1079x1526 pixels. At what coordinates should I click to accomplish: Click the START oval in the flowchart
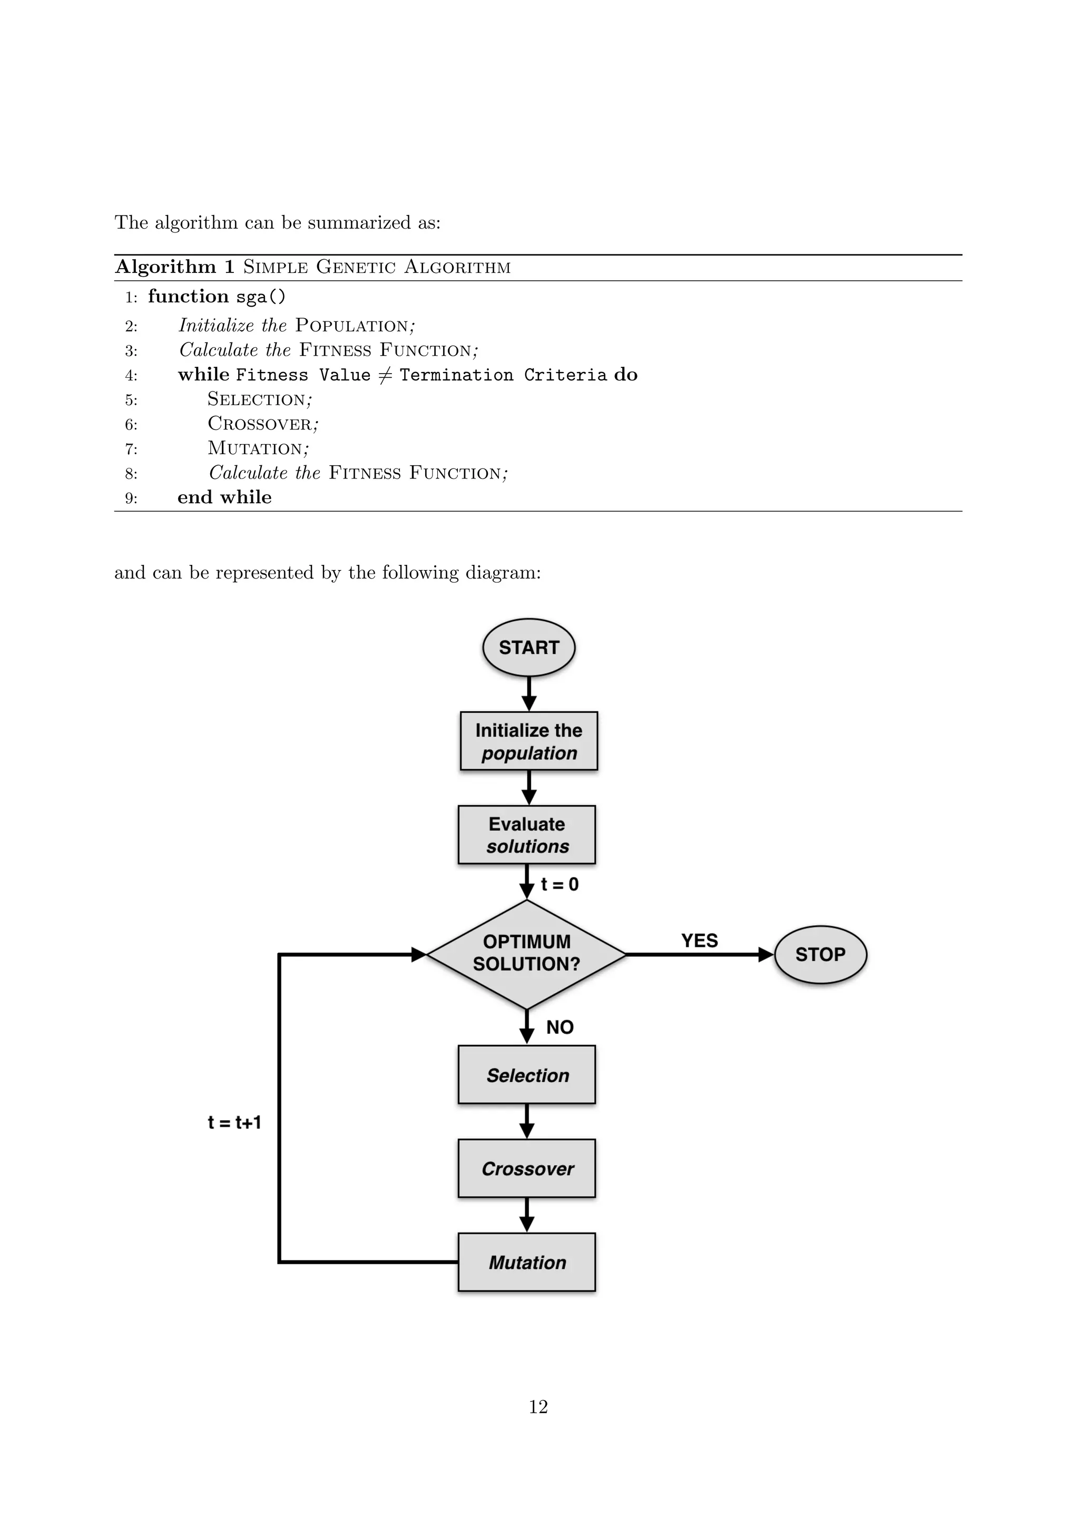click(528, 648)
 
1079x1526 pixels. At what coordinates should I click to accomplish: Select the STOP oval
click(820, 954)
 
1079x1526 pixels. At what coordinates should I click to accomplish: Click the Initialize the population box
click(529, 741)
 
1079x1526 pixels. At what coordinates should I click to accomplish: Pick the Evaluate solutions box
click(527, 835)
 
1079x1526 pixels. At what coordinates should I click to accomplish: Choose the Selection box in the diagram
click(527, 1075)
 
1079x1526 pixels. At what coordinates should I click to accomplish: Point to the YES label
click(699, 941)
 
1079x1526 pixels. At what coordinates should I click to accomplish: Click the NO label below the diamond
click(560, 1028)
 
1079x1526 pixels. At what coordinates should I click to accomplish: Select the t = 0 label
click(560, 884)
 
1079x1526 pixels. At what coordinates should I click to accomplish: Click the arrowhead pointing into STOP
click(766, 954)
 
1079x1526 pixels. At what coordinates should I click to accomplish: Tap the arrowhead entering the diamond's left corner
click(418, 954)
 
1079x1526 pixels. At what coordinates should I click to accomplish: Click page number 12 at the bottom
click(538, 1407)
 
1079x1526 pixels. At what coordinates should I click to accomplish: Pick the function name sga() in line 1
click(260, 297)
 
